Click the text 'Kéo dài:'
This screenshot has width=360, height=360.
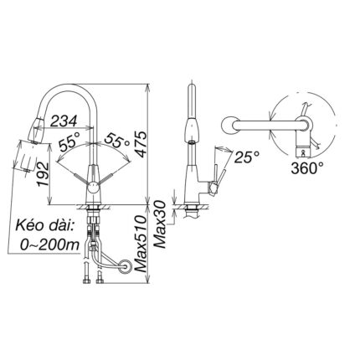[44, 227]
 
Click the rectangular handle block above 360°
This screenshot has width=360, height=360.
[305, 149]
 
